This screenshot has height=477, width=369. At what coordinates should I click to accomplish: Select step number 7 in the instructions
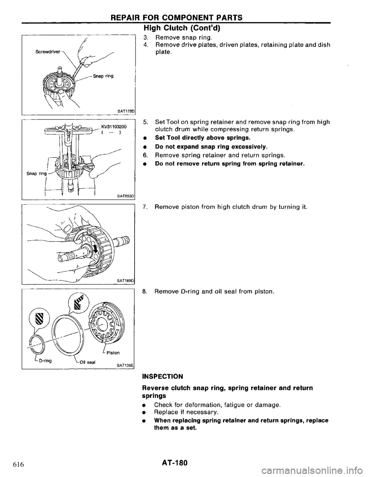[145, 207]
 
